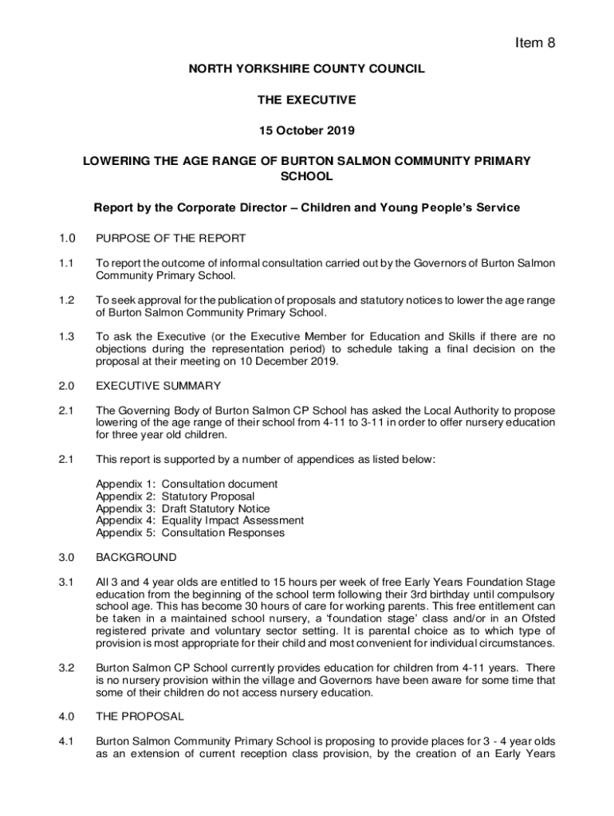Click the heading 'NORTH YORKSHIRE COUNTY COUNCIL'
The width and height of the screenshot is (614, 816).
(307, 70)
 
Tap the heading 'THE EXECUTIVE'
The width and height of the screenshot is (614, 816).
(306, 100)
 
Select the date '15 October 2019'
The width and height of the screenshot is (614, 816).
(306, 131)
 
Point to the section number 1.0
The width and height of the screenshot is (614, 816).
(67, 238)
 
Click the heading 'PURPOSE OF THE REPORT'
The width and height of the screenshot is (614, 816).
(171, 238)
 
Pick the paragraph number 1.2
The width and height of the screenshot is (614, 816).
(67, 300)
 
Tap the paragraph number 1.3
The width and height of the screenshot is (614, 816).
(67, 337)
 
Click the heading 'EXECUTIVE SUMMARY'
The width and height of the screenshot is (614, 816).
(159, 386)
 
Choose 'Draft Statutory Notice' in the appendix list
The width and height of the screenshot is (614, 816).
(216, 508)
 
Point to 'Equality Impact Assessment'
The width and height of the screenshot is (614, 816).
(233, 520)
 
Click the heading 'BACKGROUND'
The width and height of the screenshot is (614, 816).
(136, 557)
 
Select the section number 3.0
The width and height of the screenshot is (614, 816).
(67, 557)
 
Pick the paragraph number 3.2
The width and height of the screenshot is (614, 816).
(67, 669)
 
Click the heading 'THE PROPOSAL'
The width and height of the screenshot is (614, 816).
(140, 716)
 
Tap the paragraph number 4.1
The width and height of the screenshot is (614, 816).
(67, 741)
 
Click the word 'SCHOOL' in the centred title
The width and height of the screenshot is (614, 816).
(307, 176)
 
